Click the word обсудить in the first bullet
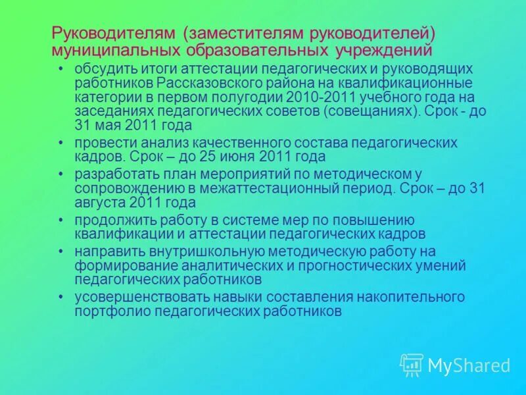(x=99, y=69)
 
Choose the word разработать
(x=107, y=174)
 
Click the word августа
(x=99, y=202)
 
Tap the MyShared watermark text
(x=469, y=365)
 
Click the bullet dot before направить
(x=60, y=251)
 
